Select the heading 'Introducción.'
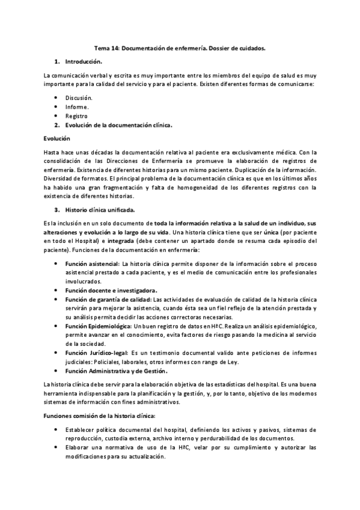coord(84,61)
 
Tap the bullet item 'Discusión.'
coord(79,97)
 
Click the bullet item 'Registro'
coord(76,115)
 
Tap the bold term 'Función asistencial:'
coord(93,263)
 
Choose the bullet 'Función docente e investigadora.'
coord(111,290)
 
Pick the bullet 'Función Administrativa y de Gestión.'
coord(117,370)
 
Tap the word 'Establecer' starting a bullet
coord(80,431)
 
